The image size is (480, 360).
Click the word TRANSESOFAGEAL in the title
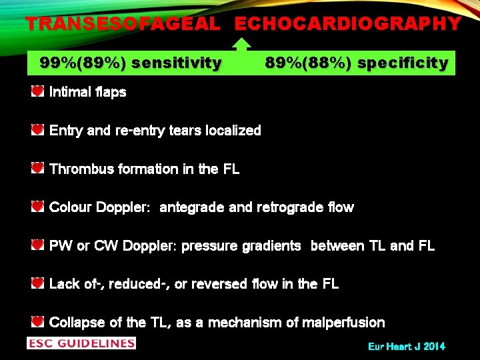pyautogui.click(x=122, y=24)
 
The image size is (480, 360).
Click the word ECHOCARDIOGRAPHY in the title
pyautogui.click(x=347, y=24)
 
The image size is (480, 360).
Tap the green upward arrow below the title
pyautogui.click(x=242, y=45)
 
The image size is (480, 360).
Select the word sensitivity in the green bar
pyautogui.click(x=177, y=63)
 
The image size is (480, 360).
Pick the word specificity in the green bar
pyautogui.click(x=403, y=63)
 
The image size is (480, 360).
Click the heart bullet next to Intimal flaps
pyautogui.click(x=38, y=91)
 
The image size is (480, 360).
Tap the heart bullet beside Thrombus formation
pyautogui.click(x=38, y=168)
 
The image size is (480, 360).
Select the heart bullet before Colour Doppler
pyautogui.click(x=38, y=207)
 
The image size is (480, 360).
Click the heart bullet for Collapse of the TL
pyautogui.click(x=38, y=322)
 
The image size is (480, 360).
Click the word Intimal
pyautogui.click(x=70, y=92)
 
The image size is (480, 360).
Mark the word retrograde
pyautogui.click(x=291, y=207)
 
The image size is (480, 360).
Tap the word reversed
pyautogui.click(x=233, y=284)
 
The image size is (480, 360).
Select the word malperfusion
pyautogui.click(x=345, y=323)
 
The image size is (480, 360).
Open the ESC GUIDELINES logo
pyautogui.click(x=81, y=343)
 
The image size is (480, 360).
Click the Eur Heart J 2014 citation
pyautogui.click(x=406, y=346)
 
